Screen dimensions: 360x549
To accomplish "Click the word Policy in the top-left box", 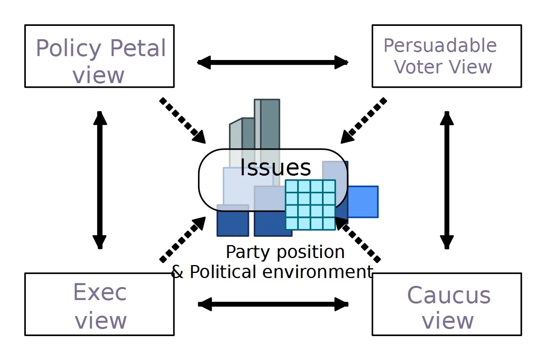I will coord(69,49).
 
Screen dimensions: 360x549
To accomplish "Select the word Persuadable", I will coord(440,46).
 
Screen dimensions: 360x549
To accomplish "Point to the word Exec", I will coord(100,292).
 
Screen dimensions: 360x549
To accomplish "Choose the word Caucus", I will coord(449,295).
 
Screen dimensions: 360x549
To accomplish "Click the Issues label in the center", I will coord(275,167).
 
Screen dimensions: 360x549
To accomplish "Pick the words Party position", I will coord(285,252).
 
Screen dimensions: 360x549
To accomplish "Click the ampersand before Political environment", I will coord(177,272).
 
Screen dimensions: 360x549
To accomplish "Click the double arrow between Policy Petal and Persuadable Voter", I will coord(273,62).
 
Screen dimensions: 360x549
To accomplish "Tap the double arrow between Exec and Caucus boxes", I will coord(273,304).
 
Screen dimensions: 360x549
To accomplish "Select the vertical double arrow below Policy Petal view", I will coord(100,180).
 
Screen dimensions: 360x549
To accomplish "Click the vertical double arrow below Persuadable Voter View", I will coord(447,180).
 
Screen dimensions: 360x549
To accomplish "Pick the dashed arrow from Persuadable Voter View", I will coord(364,120).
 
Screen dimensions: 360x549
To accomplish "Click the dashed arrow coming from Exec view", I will coord(183,239).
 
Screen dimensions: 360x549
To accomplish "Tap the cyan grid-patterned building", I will coord(311,205).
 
